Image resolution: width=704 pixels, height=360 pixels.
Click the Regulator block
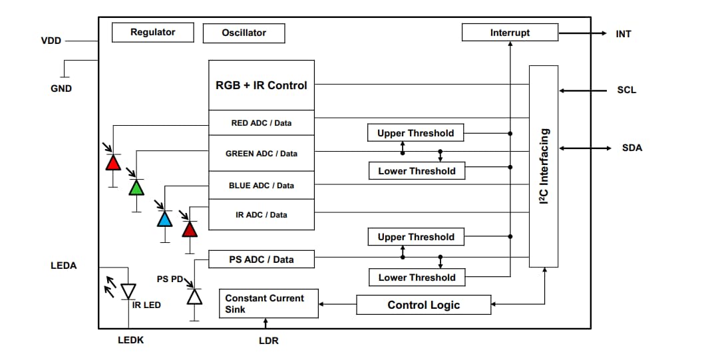click(152, 32)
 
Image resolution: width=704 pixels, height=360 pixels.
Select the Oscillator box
click(244, 33)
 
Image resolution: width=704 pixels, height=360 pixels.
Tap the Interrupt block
click(510, 32)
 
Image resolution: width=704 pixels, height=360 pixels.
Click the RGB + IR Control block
click(262, 85)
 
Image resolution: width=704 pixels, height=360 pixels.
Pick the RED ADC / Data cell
click(262, 123)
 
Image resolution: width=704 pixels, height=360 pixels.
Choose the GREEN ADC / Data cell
click(262, 154)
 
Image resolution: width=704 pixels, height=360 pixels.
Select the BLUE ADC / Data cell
click(262, 186)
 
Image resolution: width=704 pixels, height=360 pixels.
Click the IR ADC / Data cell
click(262, 215)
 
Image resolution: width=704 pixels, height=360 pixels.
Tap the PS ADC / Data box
click(262, 260)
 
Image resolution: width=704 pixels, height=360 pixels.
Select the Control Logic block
click(424, 305)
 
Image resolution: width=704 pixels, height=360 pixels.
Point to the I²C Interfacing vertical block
click(544, 166)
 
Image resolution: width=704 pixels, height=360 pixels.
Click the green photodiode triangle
click(136, 188)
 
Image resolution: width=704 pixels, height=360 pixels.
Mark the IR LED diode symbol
click(128, 291)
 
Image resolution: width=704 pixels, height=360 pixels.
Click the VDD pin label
click(51, 41)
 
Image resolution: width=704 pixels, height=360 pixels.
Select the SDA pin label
click(631, 148)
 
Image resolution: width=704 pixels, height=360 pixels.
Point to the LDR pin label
click(268, 341)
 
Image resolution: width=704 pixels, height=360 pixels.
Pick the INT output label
click(623, 33)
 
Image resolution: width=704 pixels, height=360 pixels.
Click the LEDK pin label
click(130, 340)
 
